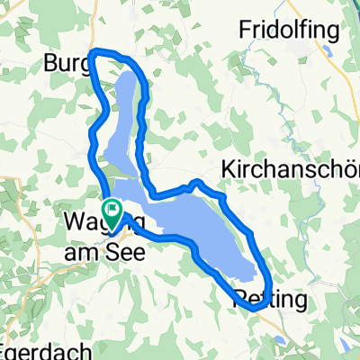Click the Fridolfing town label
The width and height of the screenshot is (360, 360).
pos(289,31)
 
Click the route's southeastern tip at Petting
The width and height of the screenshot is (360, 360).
pos(259,306)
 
